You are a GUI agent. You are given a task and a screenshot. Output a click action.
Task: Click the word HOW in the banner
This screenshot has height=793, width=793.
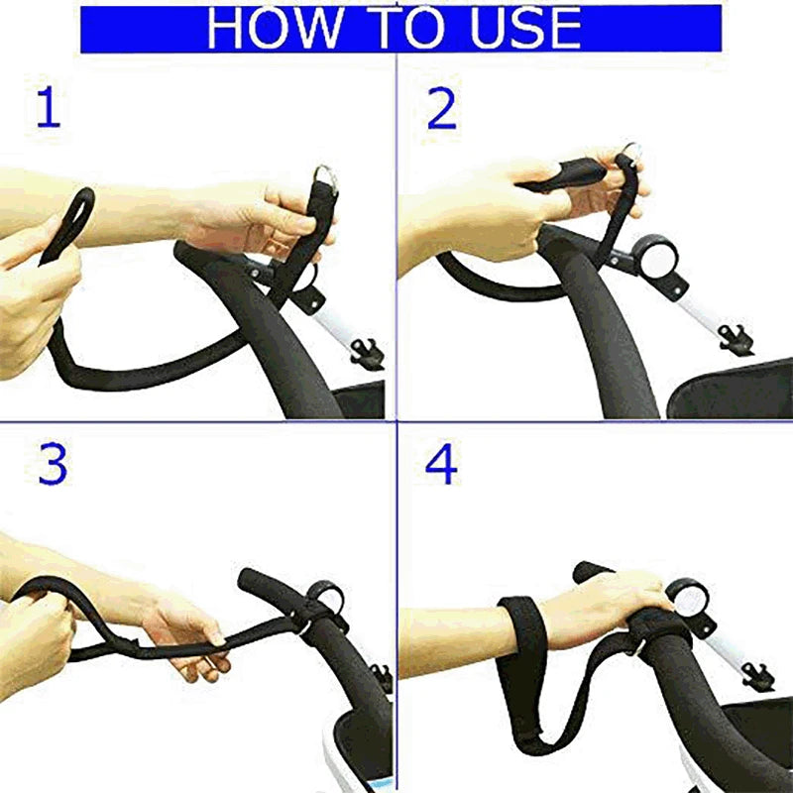point(276,29)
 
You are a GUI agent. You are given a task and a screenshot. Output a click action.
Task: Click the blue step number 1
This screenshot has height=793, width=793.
point(49,108)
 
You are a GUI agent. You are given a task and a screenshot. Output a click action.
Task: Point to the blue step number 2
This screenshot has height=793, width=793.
point(441,108)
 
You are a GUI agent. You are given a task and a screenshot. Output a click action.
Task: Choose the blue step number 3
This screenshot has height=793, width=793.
point(53,464)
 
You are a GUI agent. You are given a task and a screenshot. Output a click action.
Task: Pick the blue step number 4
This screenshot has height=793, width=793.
point(441,464)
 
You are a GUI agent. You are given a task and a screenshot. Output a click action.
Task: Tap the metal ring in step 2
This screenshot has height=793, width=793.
point(631,151)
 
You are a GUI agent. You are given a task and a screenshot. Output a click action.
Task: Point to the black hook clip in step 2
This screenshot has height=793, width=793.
point(736,339)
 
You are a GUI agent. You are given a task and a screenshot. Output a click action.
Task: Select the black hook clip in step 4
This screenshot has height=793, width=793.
point(758,676)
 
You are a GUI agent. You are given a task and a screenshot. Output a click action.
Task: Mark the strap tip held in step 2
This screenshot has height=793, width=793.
point(561,174)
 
